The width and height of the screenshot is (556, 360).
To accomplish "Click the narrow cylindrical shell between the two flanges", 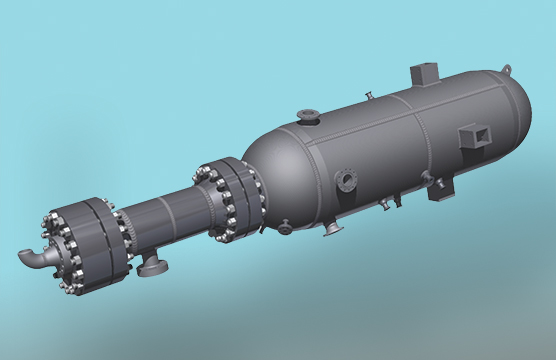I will tap(165, 215).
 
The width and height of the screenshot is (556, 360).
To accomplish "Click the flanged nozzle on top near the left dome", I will tap(309, 117).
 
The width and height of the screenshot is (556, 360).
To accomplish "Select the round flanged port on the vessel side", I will tap(348, 181).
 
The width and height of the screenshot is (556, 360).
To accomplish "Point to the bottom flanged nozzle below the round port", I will tap(331, 228).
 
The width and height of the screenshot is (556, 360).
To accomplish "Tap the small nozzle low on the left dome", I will tap(285, 228).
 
